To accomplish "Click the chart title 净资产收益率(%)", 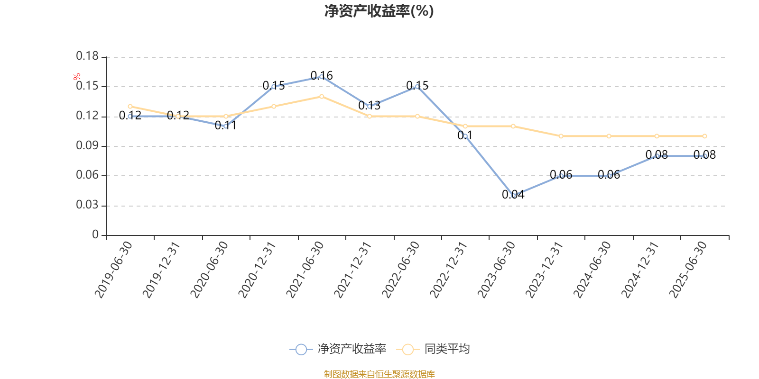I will click(x=379, y=11).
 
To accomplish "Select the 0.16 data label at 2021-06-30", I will click(x=322, y=75).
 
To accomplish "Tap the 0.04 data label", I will click(x=513, y=194).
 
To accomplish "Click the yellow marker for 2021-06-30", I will click(x=322, y=97).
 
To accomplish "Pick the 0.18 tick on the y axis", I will click(x=87, y=56).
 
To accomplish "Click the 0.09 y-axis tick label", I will click(x=87, y=146).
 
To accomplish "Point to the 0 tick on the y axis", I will click(x=95, y=235).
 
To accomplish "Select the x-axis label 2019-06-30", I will click(x=113, y=269).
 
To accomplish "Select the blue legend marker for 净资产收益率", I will click(x=301, y=349).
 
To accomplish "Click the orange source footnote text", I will click(x=379, y=374).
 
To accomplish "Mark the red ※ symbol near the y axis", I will click(x=77, y=77).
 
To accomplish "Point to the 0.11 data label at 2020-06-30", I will click(x=225, y=126).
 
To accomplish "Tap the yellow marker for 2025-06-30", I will click(x=704, y=136).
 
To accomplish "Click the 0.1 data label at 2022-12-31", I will click(x=465, y=135).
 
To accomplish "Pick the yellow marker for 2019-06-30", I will click(x=130, y=107).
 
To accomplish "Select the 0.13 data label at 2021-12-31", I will click(x=369, y=105).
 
